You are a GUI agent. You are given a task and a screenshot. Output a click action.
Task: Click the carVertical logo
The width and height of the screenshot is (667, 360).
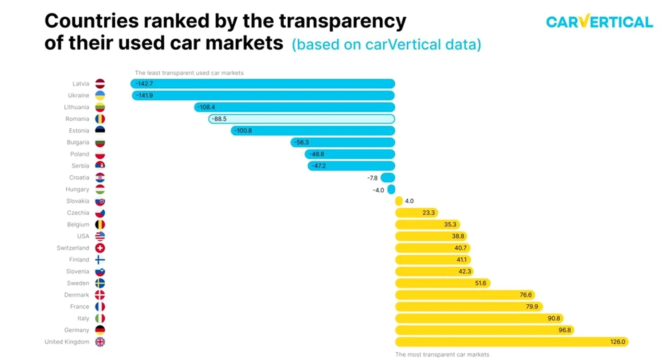(x=599, y=21)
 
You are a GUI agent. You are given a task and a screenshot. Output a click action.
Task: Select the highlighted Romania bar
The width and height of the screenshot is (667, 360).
(x=302, y=119)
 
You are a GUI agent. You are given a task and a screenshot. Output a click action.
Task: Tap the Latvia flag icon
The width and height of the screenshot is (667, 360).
(x=100, y=84)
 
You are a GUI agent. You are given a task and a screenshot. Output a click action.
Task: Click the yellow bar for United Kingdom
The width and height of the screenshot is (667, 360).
(x=512, y=342)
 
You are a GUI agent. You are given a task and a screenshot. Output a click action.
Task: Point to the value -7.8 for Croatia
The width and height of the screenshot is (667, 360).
(x=372, y=178)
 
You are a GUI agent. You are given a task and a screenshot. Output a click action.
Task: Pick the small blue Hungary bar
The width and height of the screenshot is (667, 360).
(x=391, y=190)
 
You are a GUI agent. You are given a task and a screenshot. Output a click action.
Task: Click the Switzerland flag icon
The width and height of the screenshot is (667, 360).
(x=100, y=248)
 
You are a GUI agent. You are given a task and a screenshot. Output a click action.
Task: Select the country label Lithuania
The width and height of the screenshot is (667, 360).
(x=76, y=107)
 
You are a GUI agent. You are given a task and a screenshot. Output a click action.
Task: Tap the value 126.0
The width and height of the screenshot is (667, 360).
(x=618, y=342)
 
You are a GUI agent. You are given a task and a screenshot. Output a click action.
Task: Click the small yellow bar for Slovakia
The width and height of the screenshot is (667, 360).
(x=399, y=201)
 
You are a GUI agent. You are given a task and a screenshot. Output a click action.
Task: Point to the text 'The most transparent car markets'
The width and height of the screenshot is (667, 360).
(x=442, y=355)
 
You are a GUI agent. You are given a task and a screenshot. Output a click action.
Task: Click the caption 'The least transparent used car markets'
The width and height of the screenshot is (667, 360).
(x=189, y=73)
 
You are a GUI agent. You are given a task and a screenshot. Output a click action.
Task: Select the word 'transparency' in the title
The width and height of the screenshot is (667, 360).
(x=343, y=22)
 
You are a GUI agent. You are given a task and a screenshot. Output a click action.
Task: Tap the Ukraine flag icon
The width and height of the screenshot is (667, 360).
(x=100, y=96)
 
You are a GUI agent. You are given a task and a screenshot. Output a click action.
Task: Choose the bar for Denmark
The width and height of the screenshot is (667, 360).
(x=465, y=295)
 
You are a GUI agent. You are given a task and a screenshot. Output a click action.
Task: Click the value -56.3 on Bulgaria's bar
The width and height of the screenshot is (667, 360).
(x=302, y=143)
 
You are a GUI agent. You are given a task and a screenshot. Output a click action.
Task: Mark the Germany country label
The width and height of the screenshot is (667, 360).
(x=76, y=330)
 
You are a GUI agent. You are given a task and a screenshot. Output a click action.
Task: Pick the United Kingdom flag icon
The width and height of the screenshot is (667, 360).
(x=100, y=342)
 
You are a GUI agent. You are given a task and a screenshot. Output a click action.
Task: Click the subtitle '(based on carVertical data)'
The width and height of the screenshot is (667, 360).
(x=387, y=45)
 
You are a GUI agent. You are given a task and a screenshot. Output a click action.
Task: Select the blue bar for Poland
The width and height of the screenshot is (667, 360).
(x=350, y=154)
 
